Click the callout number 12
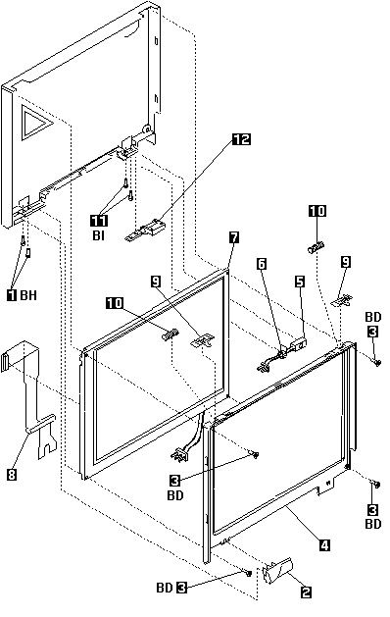(241, 139)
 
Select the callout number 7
(234, 237)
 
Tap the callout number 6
(262, 264)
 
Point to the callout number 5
(300, 282)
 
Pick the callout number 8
(12, 475)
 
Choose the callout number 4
(324, 545)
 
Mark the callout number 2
(306, 591)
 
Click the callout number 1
(12, 294)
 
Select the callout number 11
(99, 221)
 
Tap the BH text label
(28, 294)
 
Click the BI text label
(99, 235)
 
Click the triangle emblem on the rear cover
(36, 123)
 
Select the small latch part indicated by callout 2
(277, 570)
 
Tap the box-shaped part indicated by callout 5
(299, 343)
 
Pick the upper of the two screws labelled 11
(124, 183)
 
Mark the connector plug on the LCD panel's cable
(178, 454)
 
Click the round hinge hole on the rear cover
(146, 128)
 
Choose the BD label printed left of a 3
(165, 588)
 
